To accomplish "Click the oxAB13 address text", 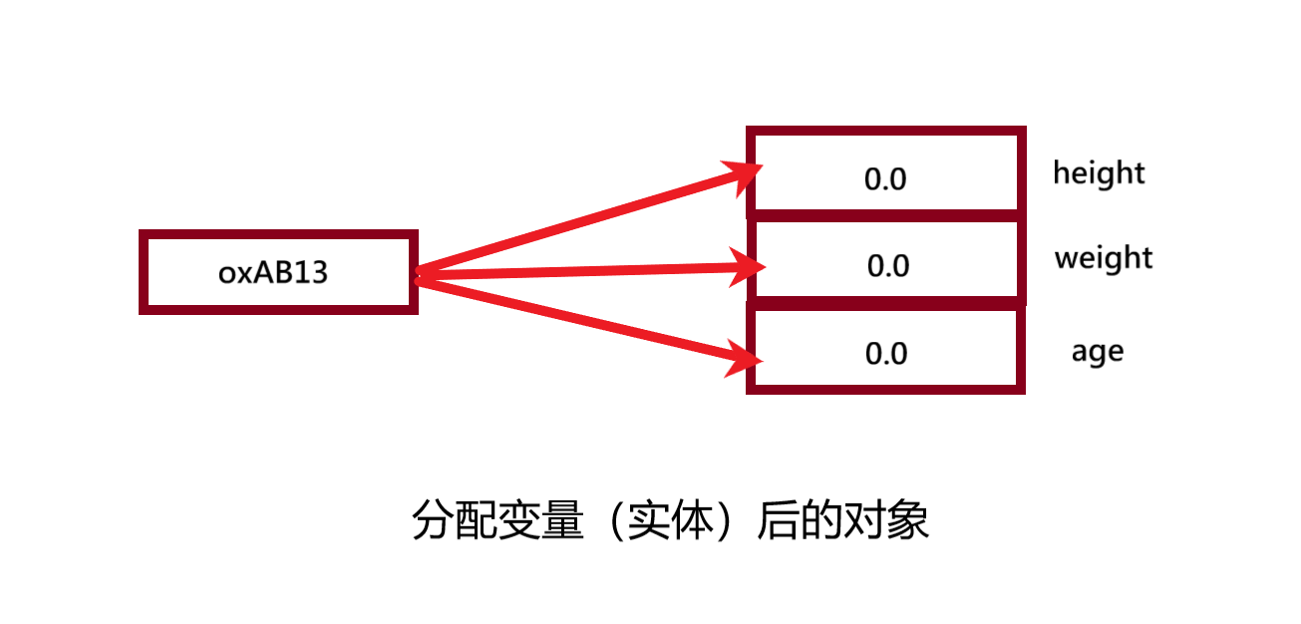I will coord(273,272).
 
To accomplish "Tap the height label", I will coord(1099,173).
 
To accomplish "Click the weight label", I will coord(1104,258).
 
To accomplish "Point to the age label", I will coord(1097,352).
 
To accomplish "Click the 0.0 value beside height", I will coord(885,179).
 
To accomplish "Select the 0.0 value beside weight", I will coord(888,266).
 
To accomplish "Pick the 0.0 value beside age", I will coord(886,354).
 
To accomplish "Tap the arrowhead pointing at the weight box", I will coord(748,266).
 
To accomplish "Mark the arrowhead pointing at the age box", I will coord(745,356).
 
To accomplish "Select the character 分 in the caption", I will coord(433,520).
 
